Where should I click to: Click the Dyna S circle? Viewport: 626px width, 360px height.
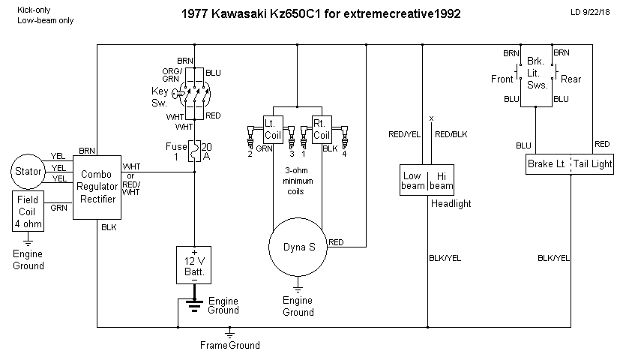click(298, 247)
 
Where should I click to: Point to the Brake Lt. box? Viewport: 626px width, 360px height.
click(547, 163)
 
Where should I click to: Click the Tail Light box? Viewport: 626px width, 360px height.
click(593, 163)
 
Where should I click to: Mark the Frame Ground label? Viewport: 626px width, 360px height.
click(229, 345)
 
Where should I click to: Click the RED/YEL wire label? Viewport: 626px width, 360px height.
click(403, 135)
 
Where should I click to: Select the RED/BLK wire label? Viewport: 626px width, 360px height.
click(451, 135)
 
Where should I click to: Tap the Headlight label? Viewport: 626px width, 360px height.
click(452, 203)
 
